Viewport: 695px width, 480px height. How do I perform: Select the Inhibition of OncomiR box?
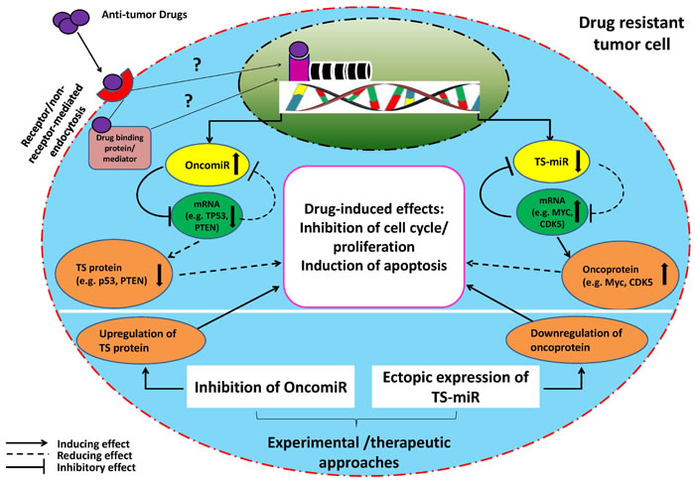click(x=270, y=387)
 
